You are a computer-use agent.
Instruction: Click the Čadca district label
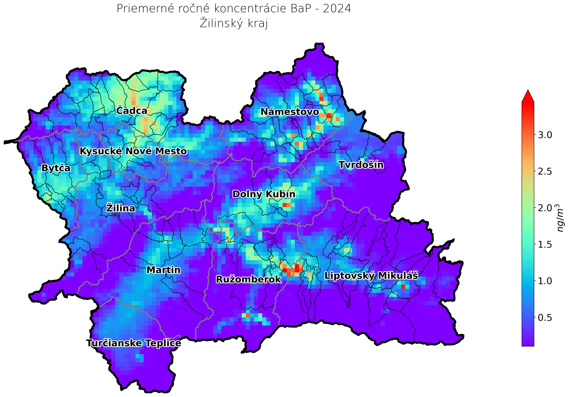[132, 111]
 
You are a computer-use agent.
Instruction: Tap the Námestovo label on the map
[289, 112]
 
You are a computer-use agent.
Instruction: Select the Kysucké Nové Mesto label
[133, 151]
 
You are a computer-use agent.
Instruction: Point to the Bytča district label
[56, 168]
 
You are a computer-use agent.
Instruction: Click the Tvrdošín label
[361, 165]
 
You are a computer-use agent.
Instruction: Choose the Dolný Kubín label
[264, 194]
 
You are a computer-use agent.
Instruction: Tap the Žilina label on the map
[121, 208]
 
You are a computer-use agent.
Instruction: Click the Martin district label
[163, 270]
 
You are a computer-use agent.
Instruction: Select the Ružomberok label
[249, 279]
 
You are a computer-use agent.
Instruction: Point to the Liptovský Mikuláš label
[371, 276]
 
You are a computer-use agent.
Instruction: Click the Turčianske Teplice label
[133, 343]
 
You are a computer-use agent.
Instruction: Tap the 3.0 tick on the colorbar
[544, 135]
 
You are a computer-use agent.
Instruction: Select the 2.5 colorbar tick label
[544, 172]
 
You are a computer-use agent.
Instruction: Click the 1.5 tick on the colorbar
[544, 245]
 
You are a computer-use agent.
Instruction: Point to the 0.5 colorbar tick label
[544, 317]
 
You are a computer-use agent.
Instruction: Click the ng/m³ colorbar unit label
[560, 218]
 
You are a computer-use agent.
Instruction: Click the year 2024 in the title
[337, 9]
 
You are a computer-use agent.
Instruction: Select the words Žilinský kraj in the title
[234, 23]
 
